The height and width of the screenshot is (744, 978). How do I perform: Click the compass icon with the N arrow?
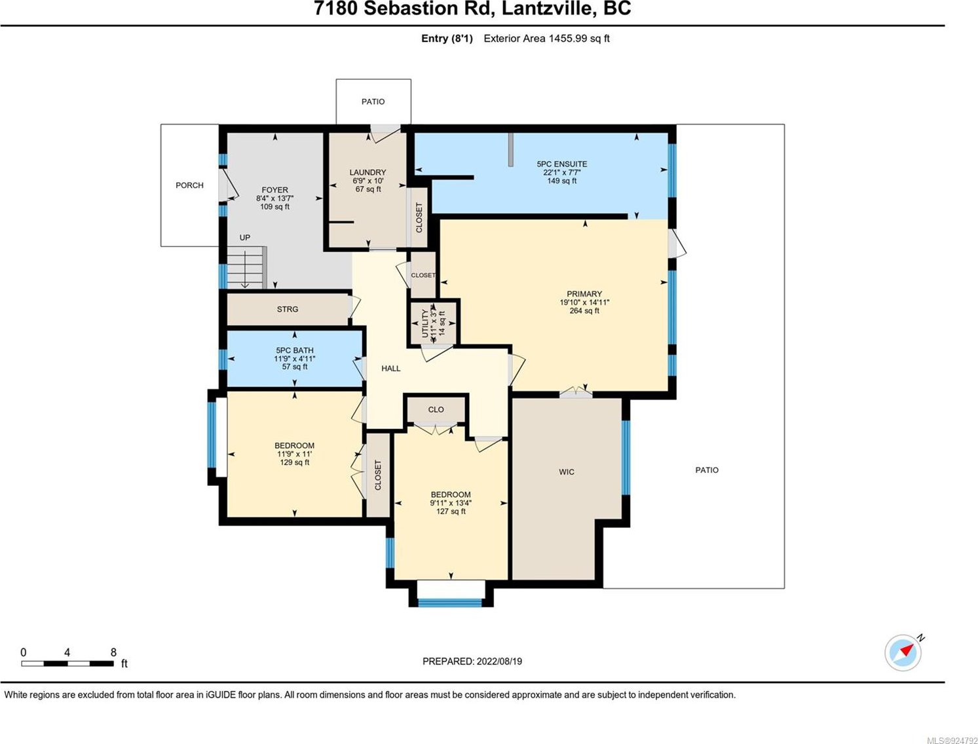(x=903, y=652)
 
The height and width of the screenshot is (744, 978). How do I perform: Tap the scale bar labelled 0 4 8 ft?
(x=67, y=663)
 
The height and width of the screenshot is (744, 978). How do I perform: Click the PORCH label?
(x=189, y=185)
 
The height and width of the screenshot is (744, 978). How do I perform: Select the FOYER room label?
(x=274, y=190)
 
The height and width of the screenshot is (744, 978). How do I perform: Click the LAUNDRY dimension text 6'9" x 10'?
(x=367, y=181)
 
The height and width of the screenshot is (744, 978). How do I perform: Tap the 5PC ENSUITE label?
(x=561, y=164)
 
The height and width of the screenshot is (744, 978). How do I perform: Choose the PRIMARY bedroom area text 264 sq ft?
(x=584, y=310)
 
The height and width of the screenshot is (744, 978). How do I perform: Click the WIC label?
(x=567, y=472)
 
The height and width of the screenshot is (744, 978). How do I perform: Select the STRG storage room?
(x=288, y=309)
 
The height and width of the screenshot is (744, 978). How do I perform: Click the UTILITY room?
(x=433, y=324)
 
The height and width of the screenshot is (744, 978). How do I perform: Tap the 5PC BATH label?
(x=295, y=350)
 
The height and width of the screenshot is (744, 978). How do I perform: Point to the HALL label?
(x=391, y=369)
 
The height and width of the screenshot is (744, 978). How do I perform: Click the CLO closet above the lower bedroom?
(x=436, y=409)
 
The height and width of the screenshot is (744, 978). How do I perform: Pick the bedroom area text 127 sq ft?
(x=451, y=511)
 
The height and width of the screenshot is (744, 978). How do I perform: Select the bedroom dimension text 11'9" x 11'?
(x=295, y=454)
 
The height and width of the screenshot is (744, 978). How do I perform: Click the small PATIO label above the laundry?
(x=373, y=102)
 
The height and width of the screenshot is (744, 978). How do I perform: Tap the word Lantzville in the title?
(x=549, y=9)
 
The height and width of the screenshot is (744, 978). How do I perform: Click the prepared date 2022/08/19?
(x=499, y=661)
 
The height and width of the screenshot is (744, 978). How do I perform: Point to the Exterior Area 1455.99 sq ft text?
(x=546, y=39)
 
